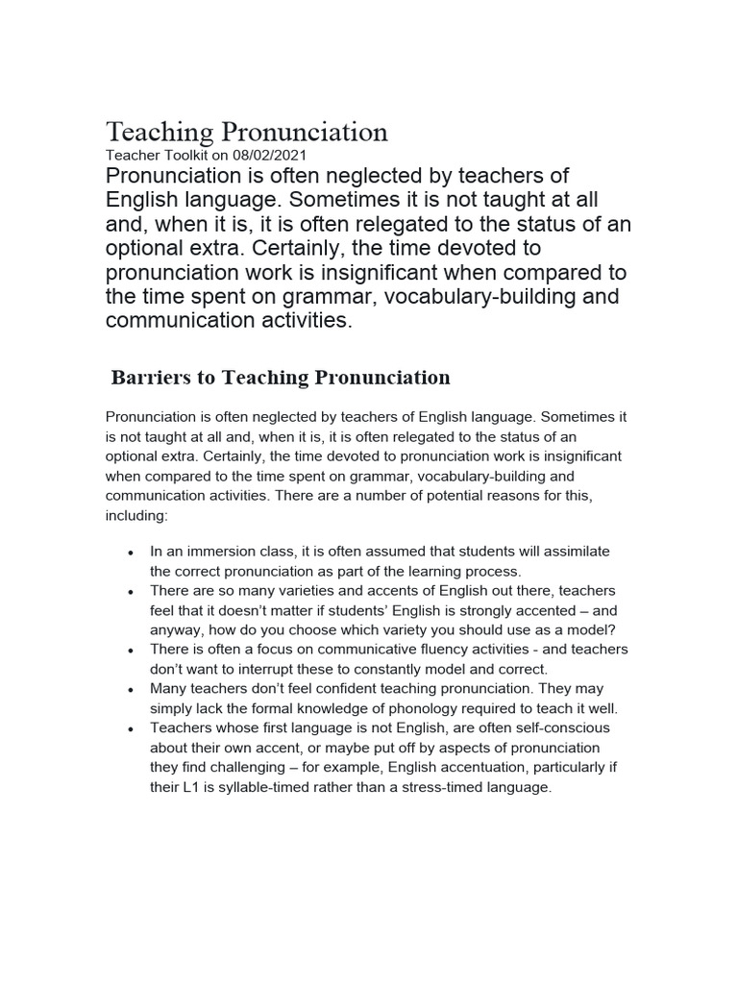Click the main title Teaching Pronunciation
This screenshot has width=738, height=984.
(x=246, y=132)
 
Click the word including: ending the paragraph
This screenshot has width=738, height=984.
(x=135, y=515)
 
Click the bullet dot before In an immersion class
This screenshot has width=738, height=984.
(x=129, y=554)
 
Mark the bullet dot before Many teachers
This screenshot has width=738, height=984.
(x=129, y=691)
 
